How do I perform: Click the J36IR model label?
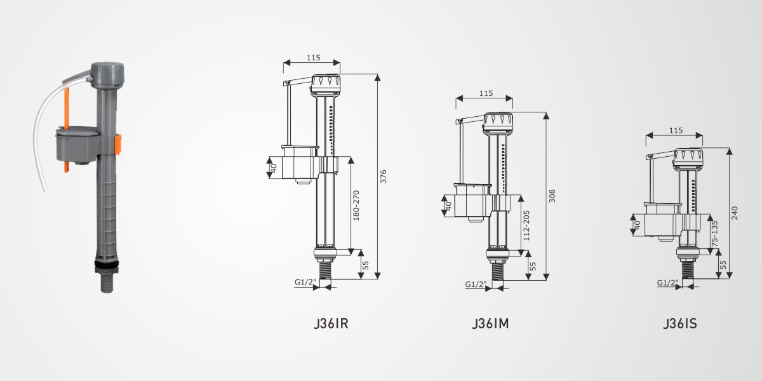(x=331, y=323)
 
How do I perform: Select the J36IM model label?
(x=490, y=323)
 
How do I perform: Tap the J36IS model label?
(x=680, y=323)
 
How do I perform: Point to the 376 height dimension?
(x=384, y=177)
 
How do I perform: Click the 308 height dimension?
(x=552, y=196)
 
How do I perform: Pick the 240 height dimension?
(x=735, y=213)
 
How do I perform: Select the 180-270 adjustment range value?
(x=356, y=206)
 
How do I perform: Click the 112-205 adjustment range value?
(x=526, y=225)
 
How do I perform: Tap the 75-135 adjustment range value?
(x=715, y=234)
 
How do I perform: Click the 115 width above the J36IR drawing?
(x=313, y=58)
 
